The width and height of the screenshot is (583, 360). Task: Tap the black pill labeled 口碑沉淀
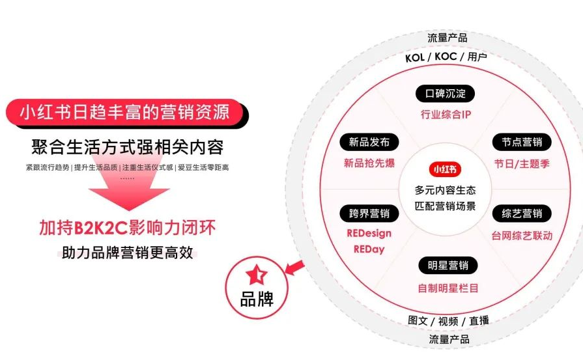pos(446,94)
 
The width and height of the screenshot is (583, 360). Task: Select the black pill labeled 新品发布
pos(369,143)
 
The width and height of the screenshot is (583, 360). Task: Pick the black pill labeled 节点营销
pos(522,143)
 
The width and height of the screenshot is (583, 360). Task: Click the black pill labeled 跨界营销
pos(369,214)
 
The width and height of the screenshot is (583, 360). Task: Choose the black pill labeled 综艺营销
pos(522,214)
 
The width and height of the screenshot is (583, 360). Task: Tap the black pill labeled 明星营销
pos(447,266)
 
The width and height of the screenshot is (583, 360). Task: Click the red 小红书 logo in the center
pos(446,169)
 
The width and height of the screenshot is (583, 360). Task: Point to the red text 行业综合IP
pos(446,115)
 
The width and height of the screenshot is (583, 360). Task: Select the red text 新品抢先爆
pos(369,163)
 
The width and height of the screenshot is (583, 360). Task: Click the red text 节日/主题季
pos(522,163)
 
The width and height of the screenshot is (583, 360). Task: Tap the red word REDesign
pos(369,233)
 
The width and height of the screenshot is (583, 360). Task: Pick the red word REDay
pos(369,249)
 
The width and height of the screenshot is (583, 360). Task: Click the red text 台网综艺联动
pos(522,235)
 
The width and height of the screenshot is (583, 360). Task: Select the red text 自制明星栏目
pos(448,287)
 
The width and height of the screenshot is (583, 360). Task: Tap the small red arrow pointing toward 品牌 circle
pos(296,266)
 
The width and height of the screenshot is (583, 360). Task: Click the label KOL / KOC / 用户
pos(446,57)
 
